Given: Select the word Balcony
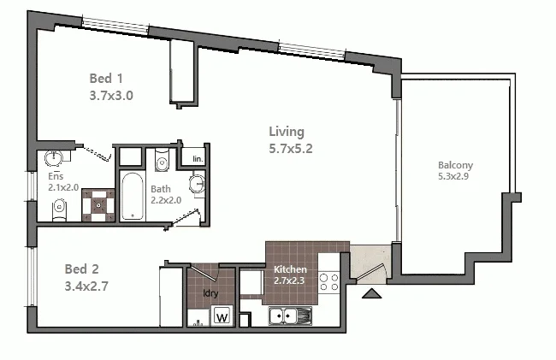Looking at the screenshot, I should (455, 165).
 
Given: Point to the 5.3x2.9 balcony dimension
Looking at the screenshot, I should (455, 178).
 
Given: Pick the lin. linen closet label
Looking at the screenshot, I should (197, 160).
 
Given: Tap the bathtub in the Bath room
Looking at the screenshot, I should (133, 196).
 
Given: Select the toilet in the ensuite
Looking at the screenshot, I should (59, 206).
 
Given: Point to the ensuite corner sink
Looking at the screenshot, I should (54, 158).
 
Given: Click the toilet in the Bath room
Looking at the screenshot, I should (162, 162).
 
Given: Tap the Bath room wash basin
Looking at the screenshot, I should (198, 183).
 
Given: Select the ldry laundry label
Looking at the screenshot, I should (210, 293).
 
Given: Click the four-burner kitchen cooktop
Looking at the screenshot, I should (329, 282).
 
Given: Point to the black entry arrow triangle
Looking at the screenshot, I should (373, 295).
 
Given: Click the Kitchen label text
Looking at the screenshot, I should (291, 269).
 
